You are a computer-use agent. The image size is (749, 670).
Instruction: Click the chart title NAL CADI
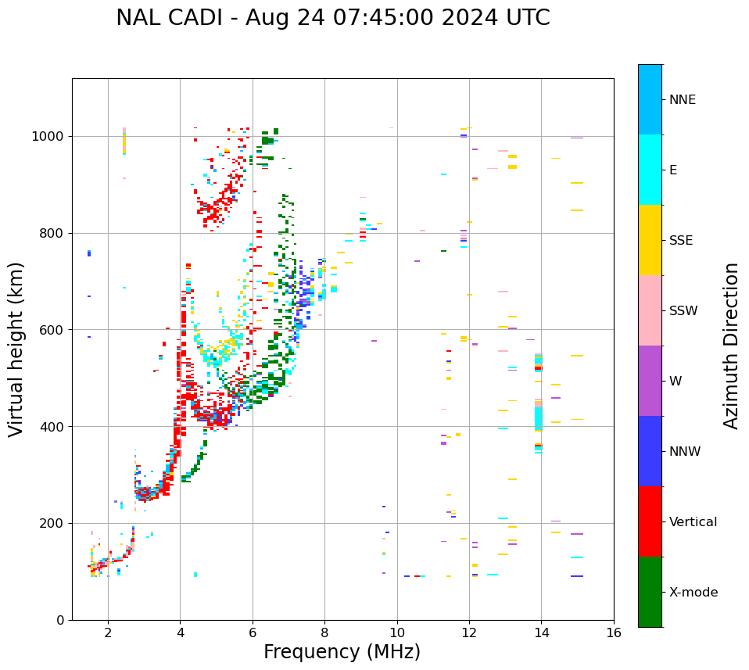(332, 18)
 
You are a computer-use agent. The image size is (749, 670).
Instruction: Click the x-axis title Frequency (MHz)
(342, 652)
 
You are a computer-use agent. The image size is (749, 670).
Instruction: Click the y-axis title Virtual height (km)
(16, 349)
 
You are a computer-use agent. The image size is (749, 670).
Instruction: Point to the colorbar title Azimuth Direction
(731, 345)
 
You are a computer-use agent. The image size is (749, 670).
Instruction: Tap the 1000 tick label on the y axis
(48, 137)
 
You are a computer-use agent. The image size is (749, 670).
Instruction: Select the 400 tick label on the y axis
(52, 427)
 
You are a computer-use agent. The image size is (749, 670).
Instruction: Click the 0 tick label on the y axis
(60, 620)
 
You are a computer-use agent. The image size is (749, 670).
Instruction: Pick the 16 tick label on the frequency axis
(614, 632)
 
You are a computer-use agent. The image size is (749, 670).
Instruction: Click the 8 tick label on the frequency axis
(324, 632)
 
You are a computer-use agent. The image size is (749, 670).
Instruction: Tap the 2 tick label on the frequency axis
(108, 632)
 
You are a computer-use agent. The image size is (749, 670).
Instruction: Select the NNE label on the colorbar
(682, 100)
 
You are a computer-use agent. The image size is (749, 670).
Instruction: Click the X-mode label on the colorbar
(693, 593)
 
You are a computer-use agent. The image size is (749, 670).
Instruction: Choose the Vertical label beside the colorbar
(693, 522)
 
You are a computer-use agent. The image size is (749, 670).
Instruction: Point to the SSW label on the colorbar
(683, 311)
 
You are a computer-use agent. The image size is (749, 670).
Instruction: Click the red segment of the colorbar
(650, 521)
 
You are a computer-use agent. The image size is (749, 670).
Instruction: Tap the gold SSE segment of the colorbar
(650, 240)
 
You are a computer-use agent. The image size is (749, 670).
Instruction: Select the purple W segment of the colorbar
(650, 381)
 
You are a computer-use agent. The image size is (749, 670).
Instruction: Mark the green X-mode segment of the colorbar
(650, 592)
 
